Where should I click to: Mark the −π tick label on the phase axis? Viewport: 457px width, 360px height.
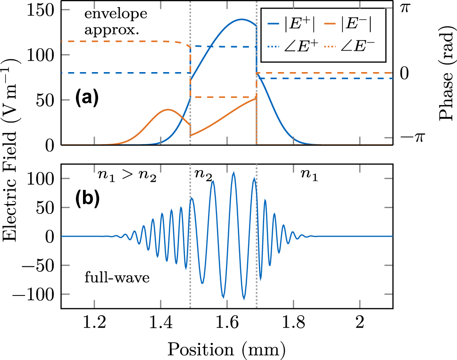(x=413, y=138)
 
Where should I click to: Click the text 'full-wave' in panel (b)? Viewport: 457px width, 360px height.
(x=117, y=278)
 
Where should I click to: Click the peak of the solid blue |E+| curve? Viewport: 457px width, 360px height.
(x=241, y=19)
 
